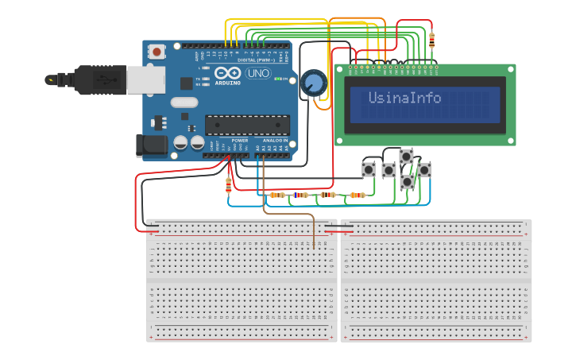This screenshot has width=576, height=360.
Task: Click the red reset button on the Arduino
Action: [157, 52]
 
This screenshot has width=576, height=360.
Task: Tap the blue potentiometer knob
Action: [313, 83]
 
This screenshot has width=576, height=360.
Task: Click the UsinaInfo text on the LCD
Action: [404, 98]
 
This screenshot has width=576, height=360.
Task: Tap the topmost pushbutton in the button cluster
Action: [407, 156]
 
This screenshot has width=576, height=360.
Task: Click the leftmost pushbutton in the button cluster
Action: [369, 169]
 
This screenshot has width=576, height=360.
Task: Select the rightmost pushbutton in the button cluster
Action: [424, 168]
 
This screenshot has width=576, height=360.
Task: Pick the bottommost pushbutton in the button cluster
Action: [407, 182]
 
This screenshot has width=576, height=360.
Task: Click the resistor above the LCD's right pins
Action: [431, 40]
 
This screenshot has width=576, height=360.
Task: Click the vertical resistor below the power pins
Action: [229, 185]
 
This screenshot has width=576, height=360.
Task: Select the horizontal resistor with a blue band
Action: [300, 195]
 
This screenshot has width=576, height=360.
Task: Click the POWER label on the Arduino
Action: [240, 140]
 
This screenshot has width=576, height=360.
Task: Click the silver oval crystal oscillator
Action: [183, 102]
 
